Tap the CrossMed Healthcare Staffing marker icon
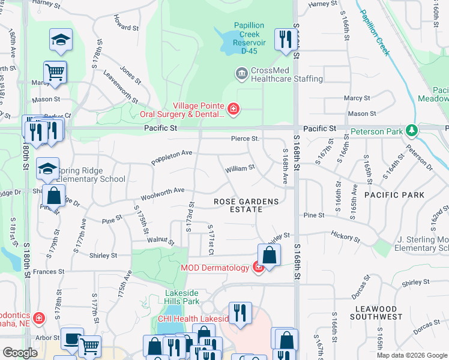tap(241, 74)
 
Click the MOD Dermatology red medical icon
tap(258, 267)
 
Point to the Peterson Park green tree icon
tap(411, 130)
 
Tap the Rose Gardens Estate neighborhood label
tap(246, 205)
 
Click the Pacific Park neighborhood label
tap(394, 195)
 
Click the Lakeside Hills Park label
tap(182, 297)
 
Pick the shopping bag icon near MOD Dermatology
tap(270, 254)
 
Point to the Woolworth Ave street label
tap(162, 194)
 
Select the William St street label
tap(240, 169)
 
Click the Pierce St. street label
tap(245, 139)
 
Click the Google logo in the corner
tap(20, 353)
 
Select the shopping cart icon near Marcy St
tap(55, 72)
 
